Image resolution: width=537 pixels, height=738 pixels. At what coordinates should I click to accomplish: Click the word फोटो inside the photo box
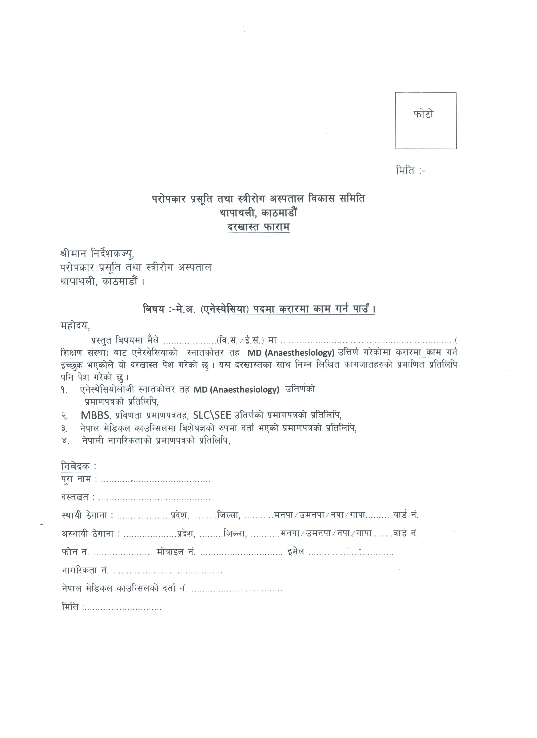tap(423, 114)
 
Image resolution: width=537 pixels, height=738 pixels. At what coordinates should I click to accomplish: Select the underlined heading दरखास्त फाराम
tap(258, 227)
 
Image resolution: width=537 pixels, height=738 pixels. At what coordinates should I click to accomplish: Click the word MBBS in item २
tap(96, 415)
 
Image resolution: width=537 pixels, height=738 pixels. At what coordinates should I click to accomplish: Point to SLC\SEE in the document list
tap(212, 415)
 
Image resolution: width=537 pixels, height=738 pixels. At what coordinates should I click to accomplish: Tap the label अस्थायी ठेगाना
tap(91, 534)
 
